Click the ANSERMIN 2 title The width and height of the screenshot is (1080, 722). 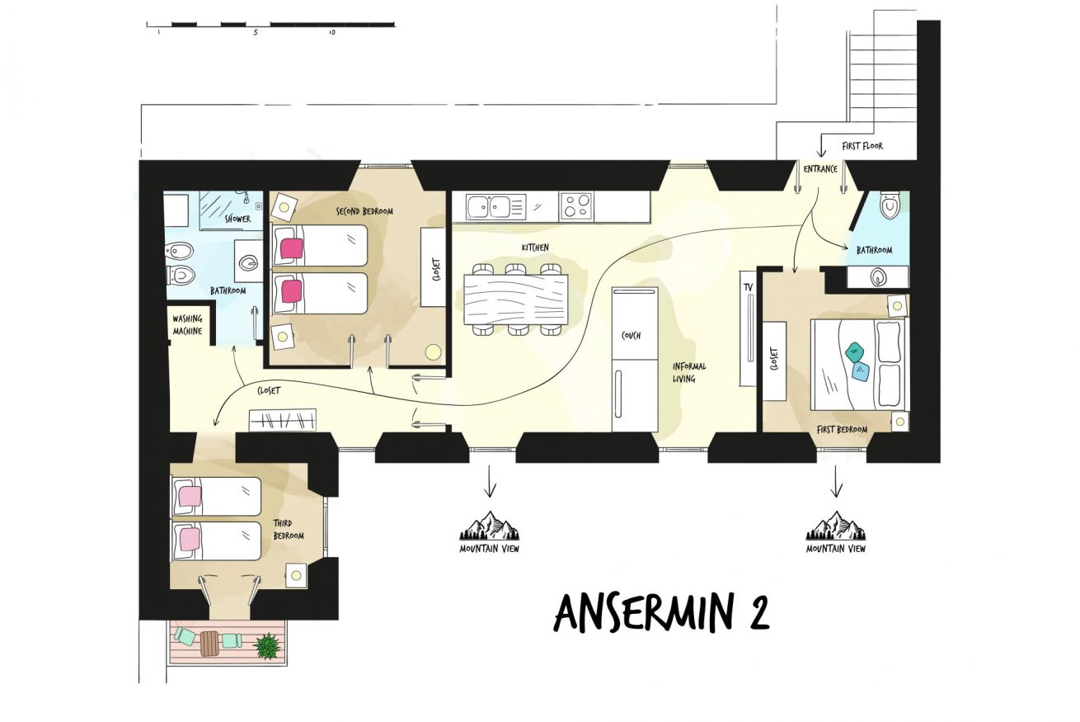tap(661, 612)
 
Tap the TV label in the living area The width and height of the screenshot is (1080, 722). tap(748, 287)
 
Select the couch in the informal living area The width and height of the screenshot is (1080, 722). tap(635, 360)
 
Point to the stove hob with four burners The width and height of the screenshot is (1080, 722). tap(576, 206)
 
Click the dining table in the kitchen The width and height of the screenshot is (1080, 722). tap(516, 300)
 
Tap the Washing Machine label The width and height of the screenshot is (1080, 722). tap(187, 325)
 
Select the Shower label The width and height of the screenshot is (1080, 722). tap(237, 219)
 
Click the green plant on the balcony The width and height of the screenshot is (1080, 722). tap(267, 646)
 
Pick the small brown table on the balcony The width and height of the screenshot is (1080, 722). tap(209, 644)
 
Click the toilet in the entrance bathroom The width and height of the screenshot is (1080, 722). tap(890, 205)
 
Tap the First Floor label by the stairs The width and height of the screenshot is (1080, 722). tap(862, 146)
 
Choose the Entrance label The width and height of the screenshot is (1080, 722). tap(820, 169)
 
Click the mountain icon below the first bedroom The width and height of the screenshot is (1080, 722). tap(836, 526)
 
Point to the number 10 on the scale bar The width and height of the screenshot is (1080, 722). tap(331, 33)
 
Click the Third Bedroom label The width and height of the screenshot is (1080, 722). tap(289, 530)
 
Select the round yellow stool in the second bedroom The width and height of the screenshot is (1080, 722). tap(433, 352)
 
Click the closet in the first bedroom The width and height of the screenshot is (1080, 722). tap(774, 361)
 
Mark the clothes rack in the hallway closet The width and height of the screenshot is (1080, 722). tap(283, 420)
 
